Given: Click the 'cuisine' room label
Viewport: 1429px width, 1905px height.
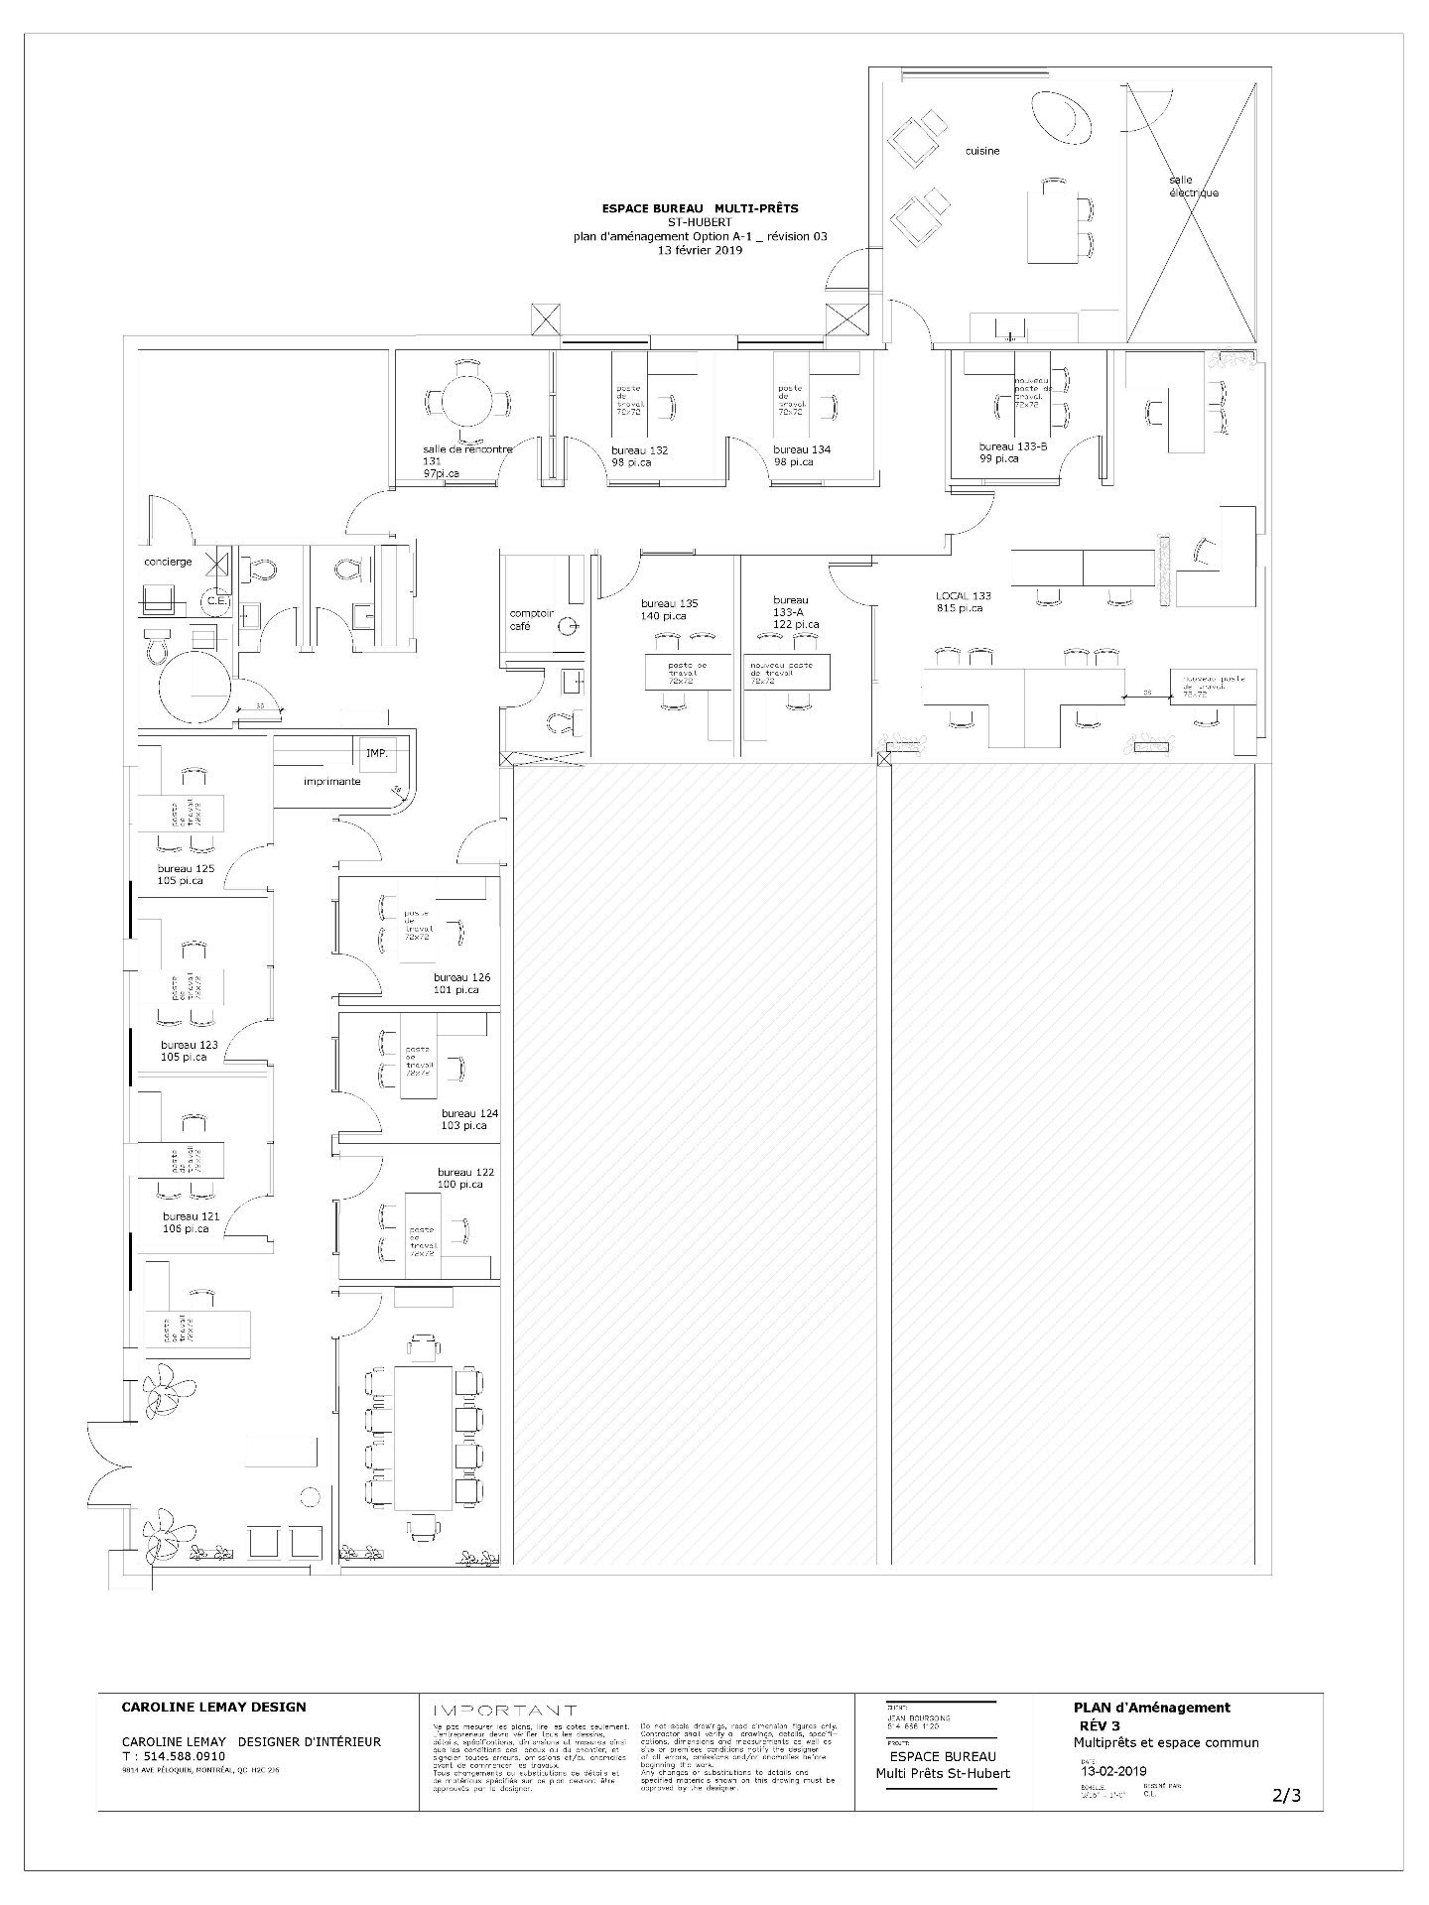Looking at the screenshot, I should coord(982,152).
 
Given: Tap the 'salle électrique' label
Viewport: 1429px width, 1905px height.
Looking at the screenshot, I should coord(1193,187).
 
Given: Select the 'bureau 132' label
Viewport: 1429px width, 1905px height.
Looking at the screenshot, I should coord(639,450).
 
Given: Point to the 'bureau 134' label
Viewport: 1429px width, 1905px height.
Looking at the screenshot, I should coord(802,449).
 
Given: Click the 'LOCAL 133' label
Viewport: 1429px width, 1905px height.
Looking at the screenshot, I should coord(963,596).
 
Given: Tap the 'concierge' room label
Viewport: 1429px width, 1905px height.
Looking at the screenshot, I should coord(168,563).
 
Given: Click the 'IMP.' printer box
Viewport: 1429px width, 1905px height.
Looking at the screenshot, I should coord(377,754).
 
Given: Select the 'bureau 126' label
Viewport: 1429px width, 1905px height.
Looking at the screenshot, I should coord(461,978).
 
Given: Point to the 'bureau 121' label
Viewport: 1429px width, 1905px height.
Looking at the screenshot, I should coord(191,1216).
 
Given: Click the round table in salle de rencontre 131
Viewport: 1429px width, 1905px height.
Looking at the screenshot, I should coord(465,402).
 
